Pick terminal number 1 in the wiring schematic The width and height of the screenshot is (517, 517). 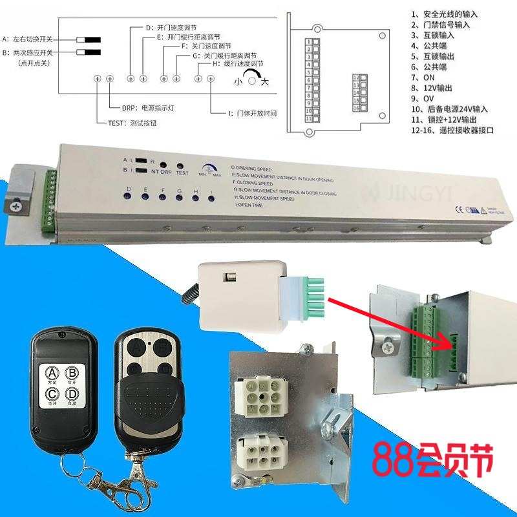(x=309, y=42)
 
